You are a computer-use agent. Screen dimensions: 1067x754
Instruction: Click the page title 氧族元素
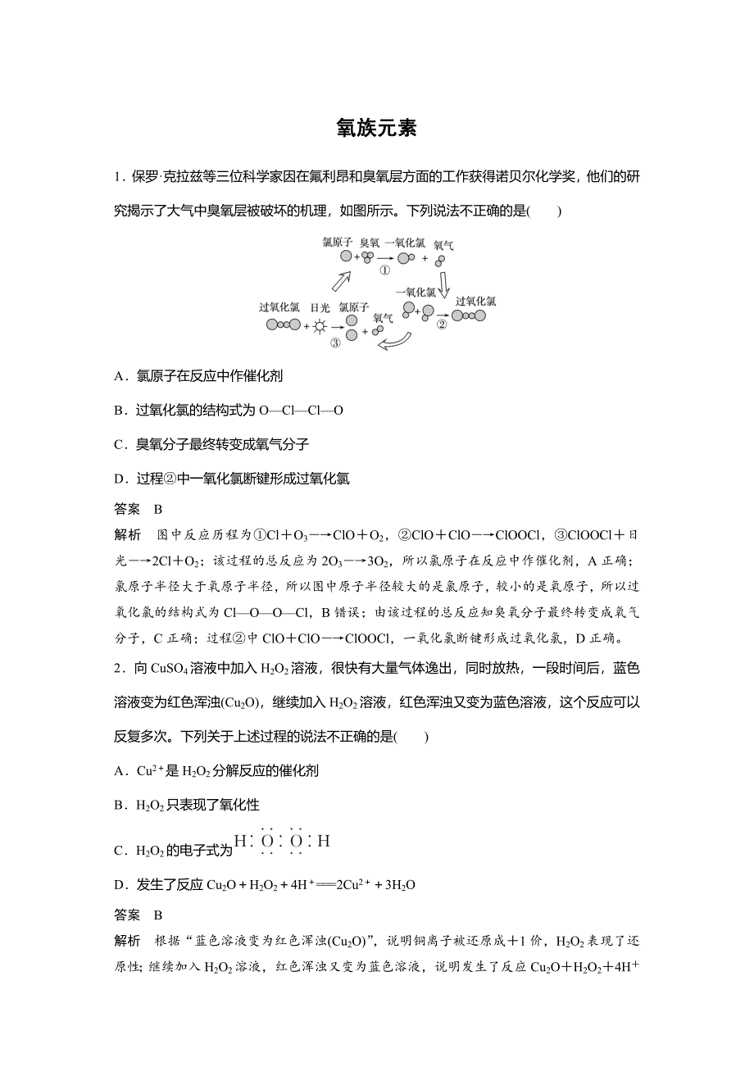[x=377, y=129]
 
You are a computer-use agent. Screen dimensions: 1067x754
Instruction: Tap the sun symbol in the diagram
[x=320, y=325]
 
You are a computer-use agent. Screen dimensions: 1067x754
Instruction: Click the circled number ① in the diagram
[x=384, y=271]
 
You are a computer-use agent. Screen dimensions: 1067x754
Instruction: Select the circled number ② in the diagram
[x=442, y=324]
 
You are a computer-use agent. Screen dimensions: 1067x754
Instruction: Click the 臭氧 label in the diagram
[x=370, y=243]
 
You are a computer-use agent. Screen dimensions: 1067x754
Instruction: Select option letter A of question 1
[x=120, y=376]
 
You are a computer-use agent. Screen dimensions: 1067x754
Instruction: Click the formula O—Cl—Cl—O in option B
[x=300, y=410]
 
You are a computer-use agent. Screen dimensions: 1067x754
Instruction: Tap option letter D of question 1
[x=120, y=479]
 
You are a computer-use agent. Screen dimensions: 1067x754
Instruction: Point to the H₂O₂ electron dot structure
[x=282, y=841]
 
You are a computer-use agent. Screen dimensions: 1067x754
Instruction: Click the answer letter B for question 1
[x=158, y=508]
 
